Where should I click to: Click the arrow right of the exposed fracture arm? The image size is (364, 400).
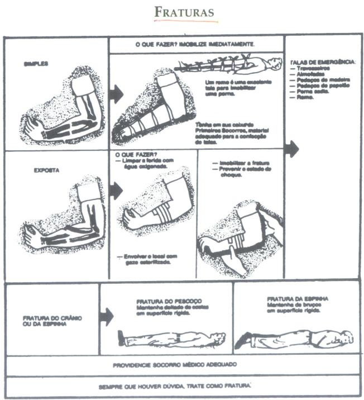(116, 191)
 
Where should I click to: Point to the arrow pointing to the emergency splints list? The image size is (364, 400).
(291, 149)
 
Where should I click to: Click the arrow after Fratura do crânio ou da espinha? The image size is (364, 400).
(106, 317)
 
